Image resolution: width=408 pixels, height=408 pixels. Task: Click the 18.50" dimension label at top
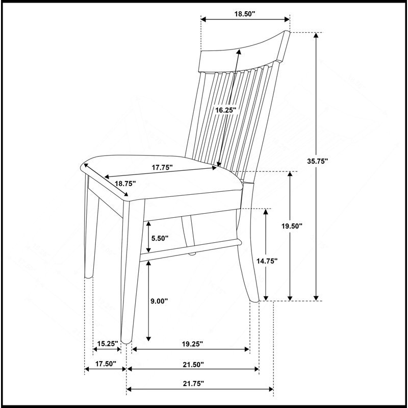coord(245,14)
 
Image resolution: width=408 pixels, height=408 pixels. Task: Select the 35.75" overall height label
coord(317,161)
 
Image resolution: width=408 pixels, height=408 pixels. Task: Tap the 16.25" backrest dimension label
coord(226,110)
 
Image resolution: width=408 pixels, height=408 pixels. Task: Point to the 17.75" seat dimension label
coord(162,168)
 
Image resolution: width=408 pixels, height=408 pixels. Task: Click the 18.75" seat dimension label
coord(125,184)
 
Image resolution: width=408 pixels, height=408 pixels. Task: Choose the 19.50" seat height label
coord(292,226)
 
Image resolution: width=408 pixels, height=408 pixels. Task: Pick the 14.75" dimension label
coord(267,261)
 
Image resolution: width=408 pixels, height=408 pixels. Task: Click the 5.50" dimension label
coord(160,238)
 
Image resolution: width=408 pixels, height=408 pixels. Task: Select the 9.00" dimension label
coord(160,301)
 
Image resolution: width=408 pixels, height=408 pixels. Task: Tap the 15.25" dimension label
coord(108,344)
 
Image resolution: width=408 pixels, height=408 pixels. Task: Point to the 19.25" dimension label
coord(192,344)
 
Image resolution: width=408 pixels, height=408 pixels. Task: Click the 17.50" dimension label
coord(106,364)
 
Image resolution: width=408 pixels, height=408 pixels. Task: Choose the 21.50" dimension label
coord(193,365)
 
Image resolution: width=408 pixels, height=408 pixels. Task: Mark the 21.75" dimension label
coord(194,384)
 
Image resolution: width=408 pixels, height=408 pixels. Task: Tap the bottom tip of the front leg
coord(126,342)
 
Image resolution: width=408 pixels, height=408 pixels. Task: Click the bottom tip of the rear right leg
coord(254,301)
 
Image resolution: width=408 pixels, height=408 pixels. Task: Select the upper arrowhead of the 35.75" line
coord(316,35)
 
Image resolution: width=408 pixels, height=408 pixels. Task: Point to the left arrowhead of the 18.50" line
coord(203,19)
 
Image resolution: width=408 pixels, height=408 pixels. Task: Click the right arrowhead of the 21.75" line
coord(271,389)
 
